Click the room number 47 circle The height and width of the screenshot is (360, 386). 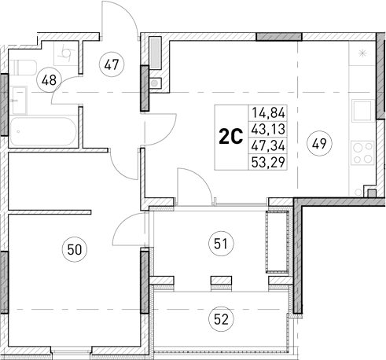point(111,65)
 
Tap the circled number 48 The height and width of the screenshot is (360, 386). point(50,79)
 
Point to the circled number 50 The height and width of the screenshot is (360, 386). point(75,250)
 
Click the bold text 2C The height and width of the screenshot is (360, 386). point(230,138)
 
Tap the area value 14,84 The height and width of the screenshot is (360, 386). point(267,113)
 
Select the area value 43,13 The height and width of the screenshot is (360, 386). point(267,130)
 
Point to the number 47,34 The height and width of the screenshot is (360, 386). point(267,146)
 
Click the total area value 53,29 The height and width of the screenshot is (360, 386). point(267,163)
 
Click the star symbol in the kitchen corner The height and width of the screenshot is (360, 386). point(362,53)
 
